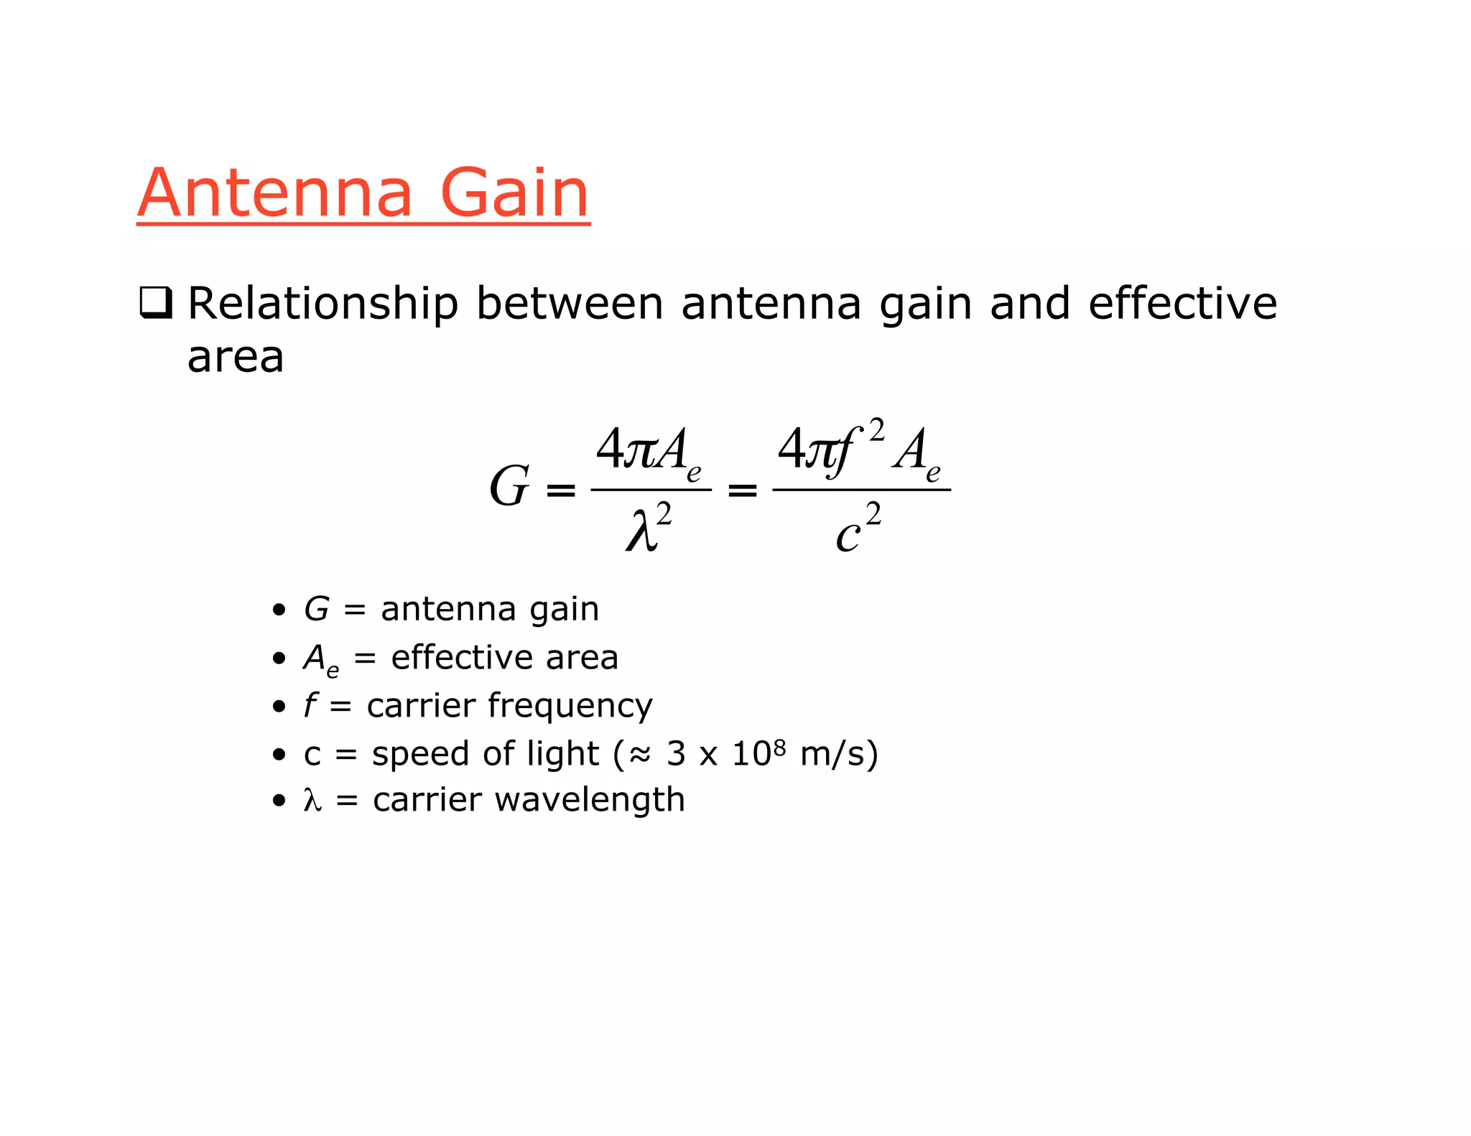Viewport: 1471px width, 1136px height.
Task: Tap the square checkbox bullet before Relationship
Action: tap(155, 302)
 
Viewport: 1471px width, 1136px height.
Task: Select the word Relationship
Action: tap(322, 304)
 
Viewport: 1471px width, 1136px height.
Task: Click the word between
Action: tap(570, 303)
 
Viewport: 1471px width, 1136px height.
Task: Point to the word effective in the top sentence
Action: tap(1182, 303)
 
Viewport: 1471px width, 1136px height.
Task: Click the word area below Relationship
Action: tap(236, 357)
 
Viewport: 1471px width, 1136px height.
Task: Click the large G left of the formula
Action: tap(509, 487)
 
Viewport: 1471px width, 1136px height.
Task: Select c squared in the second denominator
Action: tap(858, 529)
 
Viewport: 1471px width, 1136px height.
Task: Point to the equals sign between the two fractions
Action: tap(743, 490)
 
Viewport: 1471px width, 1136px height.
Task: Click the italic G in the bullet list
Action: tap(316, 610)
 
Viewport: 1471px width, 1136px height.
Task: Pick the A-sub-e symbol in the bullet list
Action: tap(320, 659)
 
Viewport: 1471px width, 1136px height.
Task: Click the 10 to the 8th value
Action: tap(758, 753)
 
